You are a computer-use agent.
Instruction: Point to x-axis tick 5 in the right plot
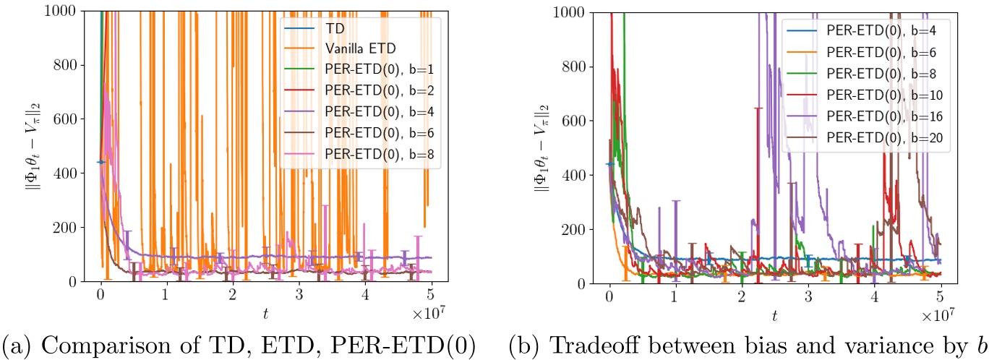point(941,296)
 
